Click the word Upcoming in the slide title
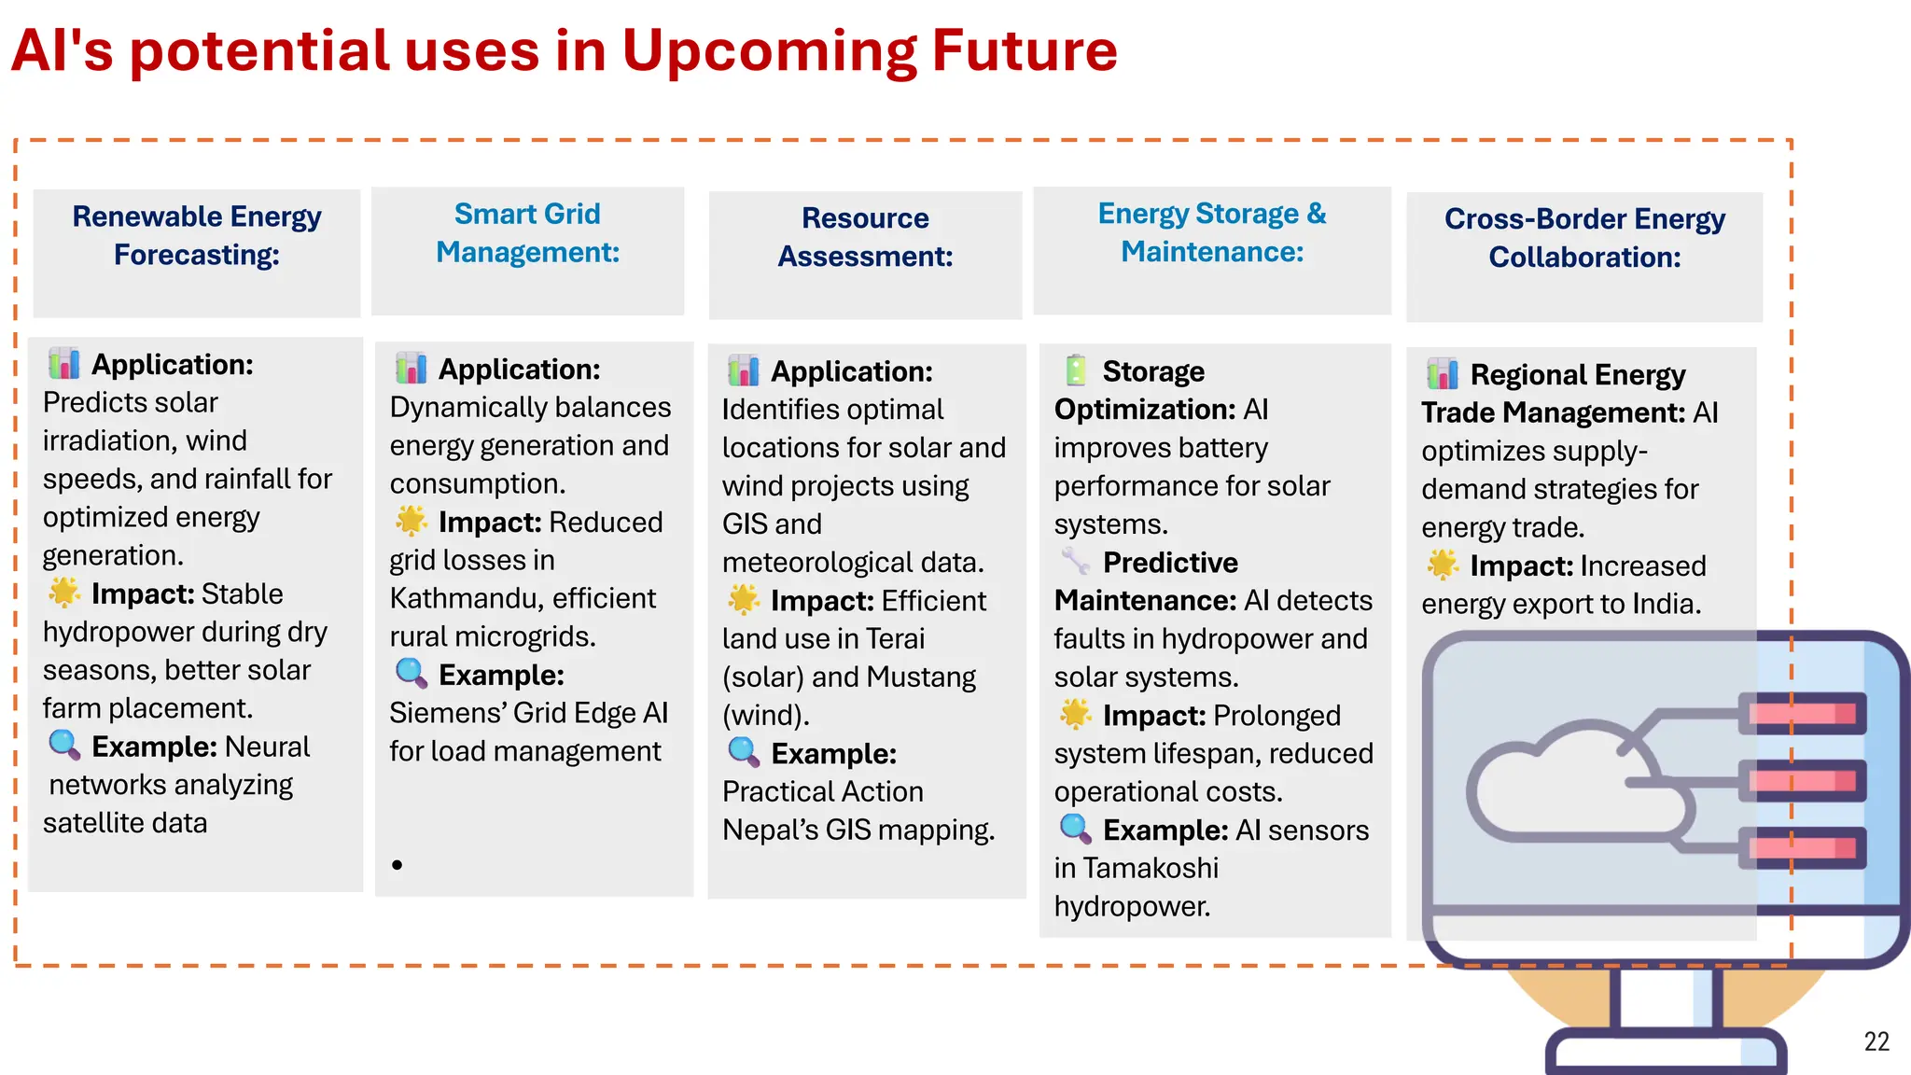pos(768,51)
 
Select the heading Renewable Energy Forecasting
pos(197,235)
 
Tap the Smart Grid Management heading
pos(527,233)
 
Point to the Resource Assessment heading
pos(865,237)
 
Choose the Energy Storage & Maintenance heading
pos(1211,232)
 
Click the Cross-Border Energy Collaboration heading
pos(1583,238)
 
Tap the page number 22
pos(1876,1041)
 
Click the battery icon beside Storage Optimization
pos(1076,370)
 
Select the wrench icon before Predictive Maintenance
pos(1075,561)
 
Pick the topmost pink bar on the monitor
pos(1801,714)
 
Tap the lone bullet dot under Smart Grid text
pos(398,865)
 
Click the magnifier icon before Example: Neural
pos(64,745)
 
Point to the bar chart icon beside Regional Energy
pos(1442,374)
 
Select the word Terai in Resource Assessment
pos(895,638)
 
